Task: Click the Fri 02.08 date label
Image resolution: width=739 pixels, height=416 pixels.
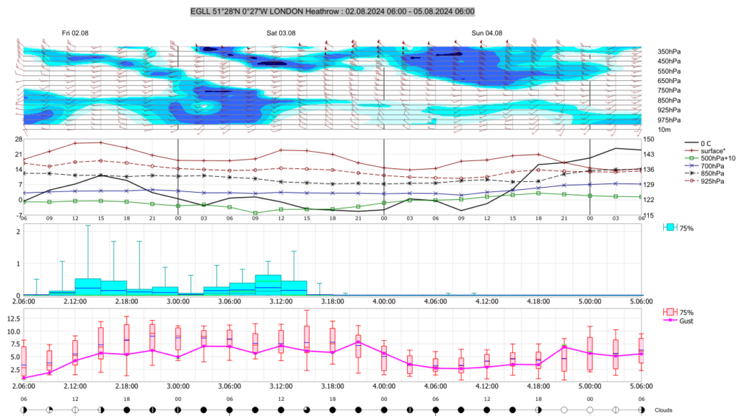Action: click(x=75, y=33)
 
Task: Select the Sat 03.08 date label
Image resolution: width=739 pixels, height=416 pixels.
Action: click(x=281, y=33)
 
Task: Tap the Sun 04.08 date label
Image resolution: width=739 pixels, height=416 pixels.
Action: click(x=486, y=33)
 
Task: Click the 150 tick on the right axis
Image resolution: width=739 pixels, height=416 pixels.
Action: click(x=649, y=139)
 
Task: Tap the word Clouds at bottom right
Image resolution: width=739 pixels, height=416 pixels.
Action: click(x=664, y=410)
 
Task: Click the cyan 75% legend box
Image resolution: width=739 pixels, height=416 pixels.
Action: click(x=670, y=227)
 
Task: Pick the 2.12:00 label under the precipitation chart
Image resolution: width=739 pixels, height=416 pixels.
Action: click(x=75, y=301)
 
